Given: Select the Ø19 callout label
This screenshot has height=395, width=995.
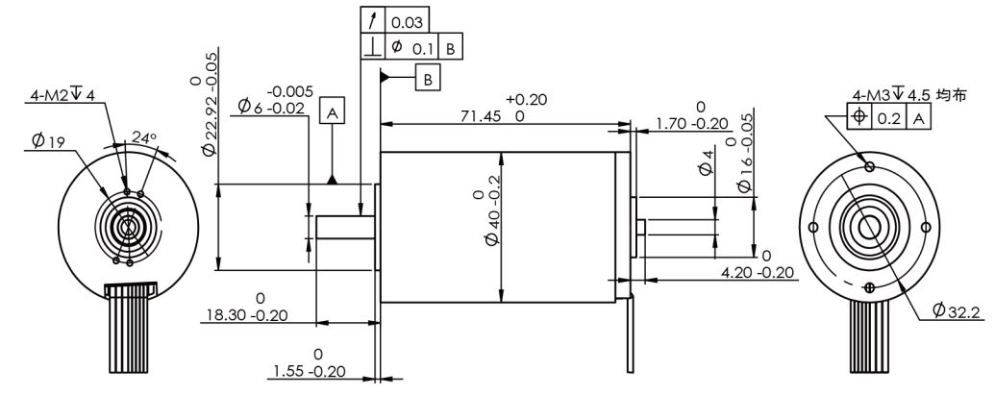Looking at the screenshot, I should (47, 142).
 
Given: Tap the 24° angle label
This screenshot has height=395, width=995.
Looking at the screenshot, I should (143, 136).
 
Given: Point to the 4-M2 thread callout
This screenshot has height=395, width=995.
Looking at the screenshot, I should (62, 95).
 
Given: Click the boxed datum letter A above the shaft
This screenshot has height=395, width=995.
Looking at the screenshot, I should (333, 112).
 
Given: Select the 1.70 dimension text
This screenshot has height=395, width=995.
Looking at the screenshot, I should (692, 123).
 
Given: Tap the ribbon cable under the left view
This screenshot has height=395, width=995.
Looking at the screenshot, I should (129, 327).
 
